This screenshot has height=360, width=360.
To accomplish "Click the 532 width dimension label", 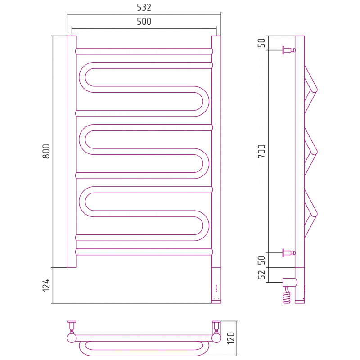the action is pyautogui.click(x=144, y=8).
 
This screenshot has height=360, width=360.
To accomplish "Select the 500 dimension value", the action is pyautogui.click(x=144, y=22).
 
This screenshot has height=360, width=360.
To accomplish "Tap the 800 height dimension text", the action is pyautogui.click(x=46, y=151).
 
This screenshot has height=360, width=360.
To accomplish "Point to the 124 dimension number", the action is pyautogui.click(x=46, y=285).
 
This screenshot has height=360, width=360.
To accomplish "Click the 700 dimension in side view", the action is pyautogui.click(x=261, y=151).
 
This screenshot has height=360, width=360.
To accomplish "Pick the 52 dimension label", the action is pyautogui.click(x=261, y=274).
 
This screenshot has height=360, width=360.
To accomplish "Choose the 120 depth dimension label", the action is pyautogui.click(x=231, y=338).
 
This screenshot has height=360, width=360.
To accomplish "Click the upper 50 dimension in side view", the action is pyautogui.click(x=261, y=43).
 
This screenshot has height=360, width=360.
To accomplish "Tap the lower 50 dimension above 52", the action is pyautogui.click(x=261, y=260).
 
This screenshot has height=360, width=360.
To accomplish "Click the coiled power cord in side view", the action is pyautogui.click(x=287, y=295).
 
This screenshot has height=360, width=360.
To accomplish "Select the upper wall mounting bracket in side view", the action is pyautogui.click(x=289, y=50).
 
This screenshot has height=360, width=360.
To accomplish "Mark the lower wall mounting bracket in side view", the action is pyautogui.click(x=289, y=253).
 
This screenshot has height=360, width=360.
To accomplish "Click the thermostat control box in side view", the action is pyautogui.click(x=290, y=282).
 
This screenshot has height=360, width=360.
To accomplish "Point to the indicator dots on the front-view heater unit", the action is pyautogui.click(x=216, y=288).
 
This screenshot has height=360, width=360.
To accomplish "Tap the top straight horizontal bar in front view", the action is pyautogui.click(x=144, y=51).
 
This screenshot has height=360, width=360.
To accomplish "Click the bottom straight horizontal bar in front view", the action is pyautogui.click(x=144, y=252).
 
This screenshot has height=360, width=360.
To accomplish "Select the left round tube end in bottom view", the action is pyautogui.click(x=72, y=338).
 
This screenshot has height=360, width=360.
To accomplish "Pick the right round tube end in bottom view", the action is pyautogui.click(x=216, y=338).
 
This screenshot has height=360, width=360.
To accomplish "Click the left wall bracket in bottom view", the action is pyautogui.click(x=72, y=325).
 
